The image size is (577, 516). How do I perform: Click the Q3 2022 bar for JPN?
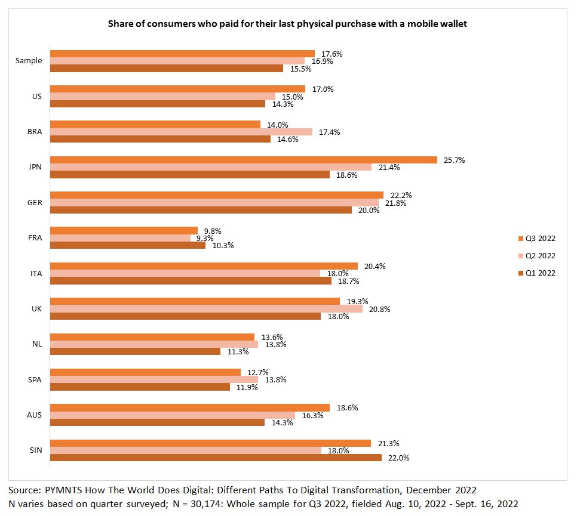point(244,160)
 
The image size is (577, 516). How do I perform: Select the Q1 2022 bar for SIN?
point(215,458)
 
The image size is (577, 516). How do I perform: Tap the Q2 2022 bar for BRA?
point(180,132)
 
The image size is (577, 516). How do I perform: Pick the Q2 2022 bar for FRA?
point(119,237)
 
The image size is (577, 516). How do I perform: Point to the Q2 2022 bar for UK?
point(205,309)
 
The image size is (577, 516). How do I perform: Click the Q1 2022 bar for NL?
point(135,351)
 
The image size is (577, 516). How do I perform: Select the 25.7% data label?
point(453,160)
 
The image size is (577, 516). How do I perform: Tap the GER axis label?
point(35,202)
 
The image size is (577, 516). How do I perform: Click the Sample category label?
point(29,61)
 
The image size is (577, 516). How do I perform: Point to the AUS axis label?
point(35,415)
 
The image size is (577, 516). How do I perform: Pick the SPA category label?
point(35,379)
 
